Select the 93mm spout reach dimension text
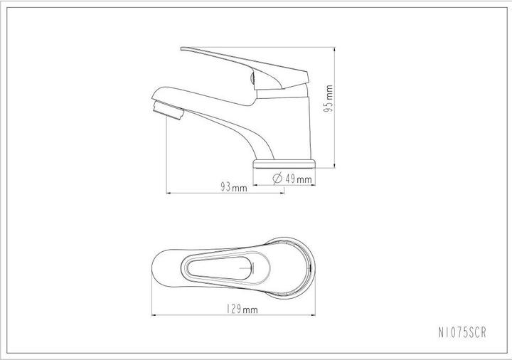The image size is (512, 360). click(233, 188)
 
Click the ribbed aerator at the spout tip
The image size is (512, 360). click(169, 110)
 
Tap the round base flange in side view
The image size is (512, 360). click(284, 164)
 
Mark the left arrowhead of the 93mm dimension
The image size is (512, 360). click(168, 194)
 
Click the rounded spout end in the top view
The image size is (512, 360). click(158, 267)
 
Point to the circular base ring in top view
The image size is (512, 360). click(303, 267)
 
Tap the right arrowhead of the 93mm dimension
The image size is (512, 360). click(282, 194)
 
